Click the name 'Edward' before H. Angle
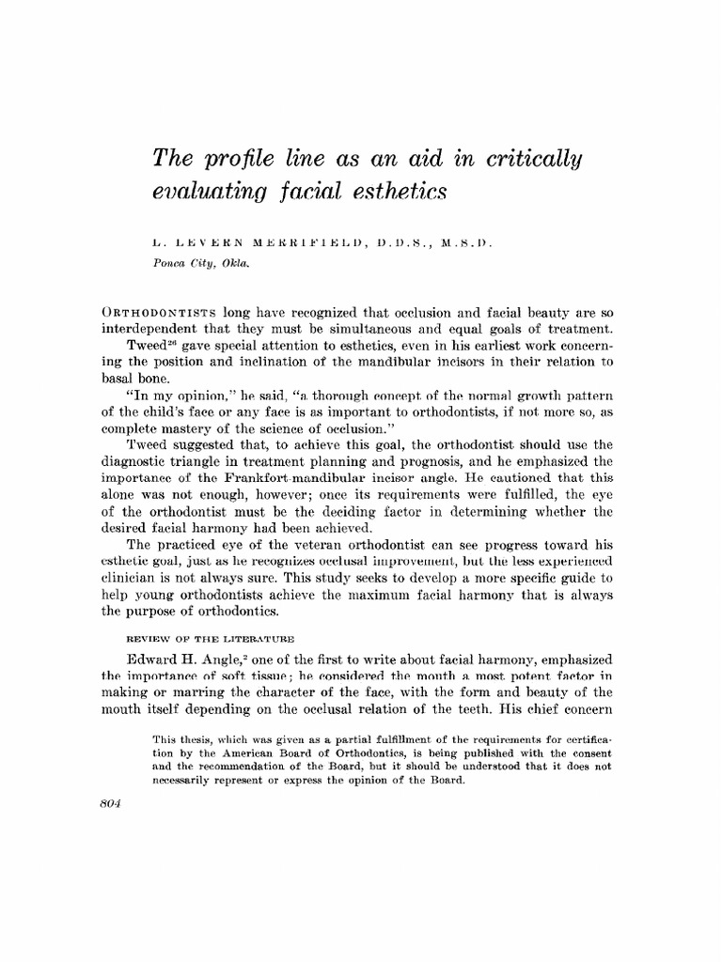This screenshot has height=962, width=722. coord(173,659)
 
